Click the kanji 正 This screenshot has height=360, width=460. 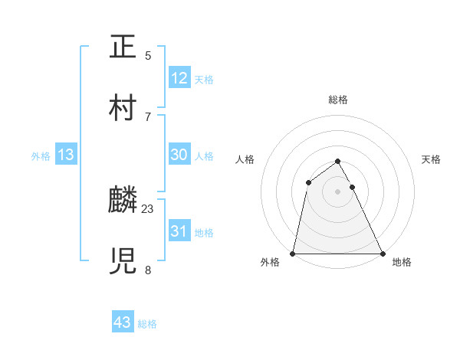pos(125,47)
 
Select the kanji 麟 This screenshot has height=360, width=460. pos(125,200)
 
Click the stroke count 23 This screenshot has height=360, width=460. pos(148,208)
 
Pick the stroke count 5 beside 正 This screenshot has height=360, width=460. pos(148,55)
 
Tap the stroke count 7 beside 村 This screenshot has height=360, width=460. pos(148,116)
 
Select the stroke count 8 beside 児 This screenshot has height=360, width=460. pos(148,270)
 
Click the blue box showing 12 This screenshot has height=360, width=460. pos(179,77)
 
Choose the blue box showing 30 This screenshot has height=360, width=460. pos(179,154)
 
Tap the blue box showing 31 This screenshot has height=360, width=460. pos(179,231)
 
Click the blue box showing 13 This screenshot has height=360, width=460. pos(66,155)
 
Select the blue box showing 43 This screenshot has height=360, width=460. pos(123,322)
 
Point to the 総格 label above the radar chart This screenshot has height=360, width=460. pos(338,100)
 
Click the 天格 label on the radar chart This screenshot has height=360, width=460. pos(432,159)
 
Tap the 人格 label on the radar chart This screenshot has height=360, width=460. pos(245,159)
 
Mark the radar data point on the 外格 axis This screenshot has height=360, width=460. pos(293,253)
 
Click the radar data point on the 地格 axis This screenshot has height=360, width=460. pos(383,253)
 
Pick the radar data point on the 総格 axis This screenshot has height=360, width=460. pos(338,162)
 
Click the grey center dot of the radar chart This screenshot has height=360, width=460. pos(338,191)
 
